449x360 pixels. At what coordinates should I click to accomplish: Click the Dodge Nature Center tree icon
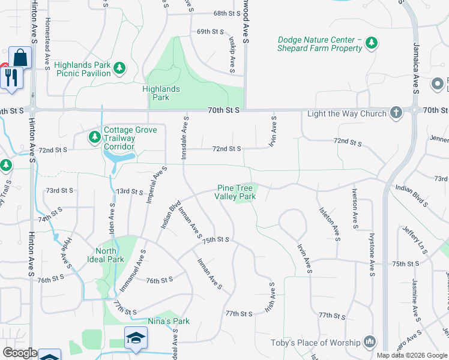pos(372,42)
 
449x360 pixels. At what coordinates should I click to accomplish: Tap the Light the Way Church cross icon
pos(396,112)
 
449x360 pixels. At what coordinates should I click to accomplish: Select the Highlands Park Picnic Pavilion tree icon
pos(119,67)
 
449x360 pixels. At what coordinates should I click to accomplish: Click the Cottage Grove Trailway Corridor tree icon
pos(94,137)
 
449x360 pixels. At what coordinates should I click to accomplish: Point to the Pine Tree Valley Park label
pos(237,192)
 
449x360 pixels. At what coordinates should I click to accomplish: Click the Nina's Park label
pos(173,321)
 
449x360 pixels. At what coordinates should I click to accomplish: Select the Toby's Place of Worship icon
pos(370,342)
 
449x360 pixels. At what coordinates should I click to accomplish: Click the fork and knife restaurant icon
pos(11,78)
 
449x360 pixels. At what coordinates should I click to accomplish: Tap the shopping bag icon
pos(20,58)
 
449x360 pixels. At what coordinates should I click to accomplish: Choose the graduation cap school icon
pos(136,338)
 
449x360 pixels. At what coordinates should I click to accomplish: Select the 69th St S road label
pos(210,31)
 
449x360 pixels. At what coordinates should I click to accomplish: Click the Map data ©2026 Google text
pos(412,355)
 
